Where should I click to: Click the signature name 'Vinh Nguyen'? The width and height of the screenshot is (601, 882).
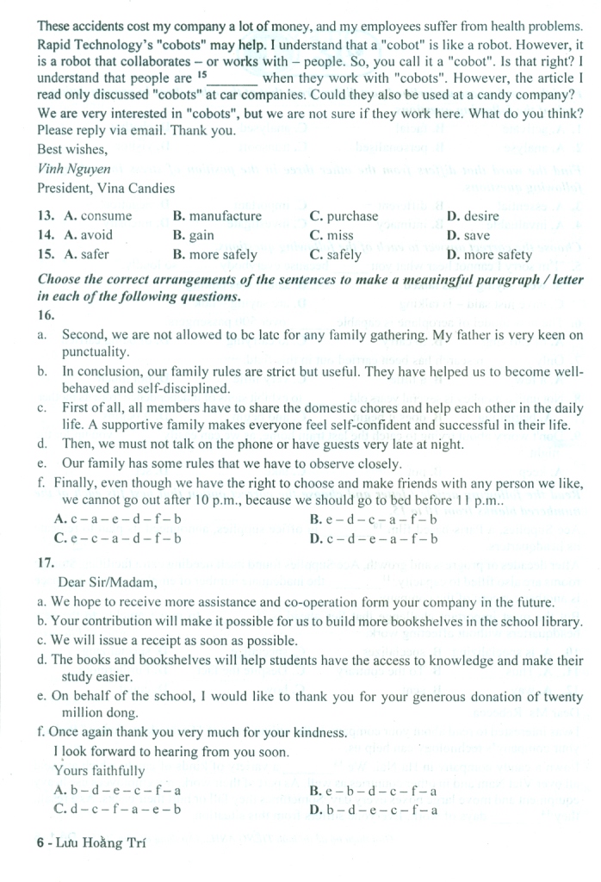[74, 169]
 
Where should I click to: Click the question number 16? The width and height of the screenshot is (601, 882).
[46, 316]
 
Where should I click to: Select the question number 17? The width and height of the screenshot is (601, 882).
[46, 562]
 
